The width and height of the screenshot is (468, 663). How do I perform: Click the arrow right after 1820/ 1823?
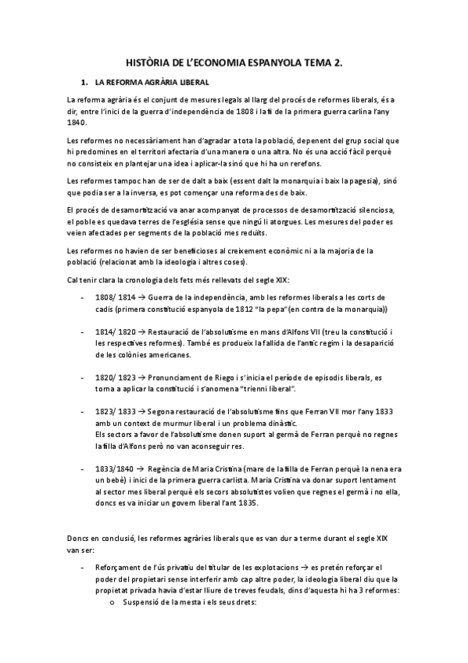[x=138, y=376]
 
